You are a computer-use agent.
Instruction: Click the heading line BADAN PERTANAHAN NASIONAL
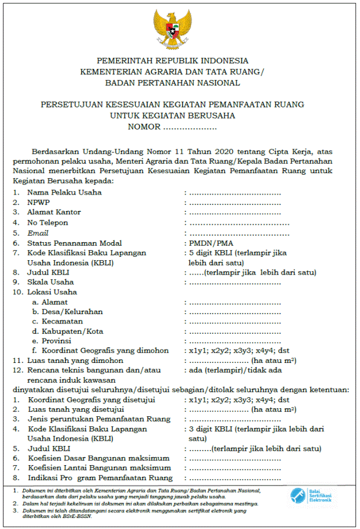click(x=172, y=83)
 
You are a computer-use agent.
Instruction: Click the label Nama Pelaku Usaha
click(x=64, y=192)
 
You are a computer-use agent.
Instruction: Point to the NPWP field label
click(x=38, y=202)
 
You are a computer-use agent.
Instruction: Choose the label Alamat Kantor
click(x=54, y=213)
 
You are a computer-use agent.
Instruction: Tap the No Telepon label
click(x=48, y=222)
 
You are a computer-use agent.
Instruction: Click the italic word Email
click(x=38, y=233)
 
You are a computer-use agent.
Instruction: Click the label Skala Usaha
click(x=49, y=282)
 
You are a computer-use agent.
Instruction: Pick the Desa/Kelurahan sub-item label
click(x=72, y=312)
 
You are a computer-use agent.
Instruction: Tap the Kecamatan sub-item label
click(x=62, y=321)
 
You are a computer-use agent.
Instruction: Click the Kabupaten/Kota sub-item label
click(x=72, y=331)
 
